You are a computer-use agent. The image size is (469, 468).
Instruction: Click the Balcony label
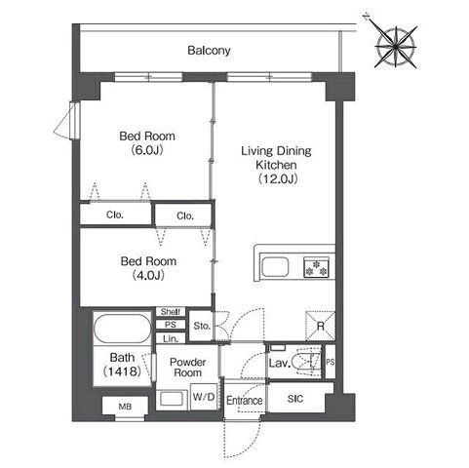(209, 51)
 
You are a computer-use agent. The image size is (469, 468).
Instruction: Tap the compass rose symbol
(396, 47)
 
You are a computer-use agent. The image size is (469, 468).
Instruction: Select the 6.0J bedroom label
(147, 142)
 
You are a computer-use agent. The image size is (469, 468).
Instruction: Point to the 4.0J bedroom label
(148, 268)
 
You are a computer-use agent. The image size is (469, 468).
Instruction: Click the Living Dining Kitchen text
(276, 165)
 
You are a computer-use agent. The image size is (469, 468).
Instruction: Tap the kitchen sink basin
(275, 267)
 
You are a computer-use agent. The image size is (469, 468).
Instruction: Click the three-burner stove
(316, 267)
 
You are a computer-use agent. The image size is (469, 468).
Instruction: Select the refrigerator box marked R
(320, 326)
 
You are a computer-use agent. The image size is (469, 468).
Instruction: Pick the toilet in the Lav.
(306, 362)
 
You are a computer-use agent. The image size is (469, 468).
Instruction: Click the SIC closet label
(295, 399)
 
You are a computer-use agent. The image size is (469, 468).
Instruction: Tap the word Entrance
(245, 401)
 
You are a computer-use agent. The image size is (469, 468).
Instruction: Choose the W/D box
(204, 397)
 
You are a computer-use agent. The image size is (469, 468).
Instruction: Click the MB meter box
(125, 407)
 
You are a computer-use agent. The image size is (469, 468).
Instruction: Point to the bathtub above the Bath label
(122, 329)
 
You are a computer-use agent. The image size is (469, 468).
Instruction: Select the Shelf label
(171, 312)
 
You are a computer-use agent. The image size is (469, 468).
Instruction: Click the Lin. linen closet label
(171, 339)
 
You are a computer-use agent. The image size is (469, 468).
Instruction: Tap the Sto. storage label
(202, 326)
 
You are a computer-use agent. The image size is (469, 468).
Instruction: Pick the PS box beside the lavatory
(331, 362)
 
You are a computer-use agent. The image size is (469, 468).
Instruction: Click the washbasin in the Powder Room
(172, 399)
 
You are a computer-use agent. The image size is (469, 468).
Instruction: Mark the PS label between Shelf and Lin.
(171, 325)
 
